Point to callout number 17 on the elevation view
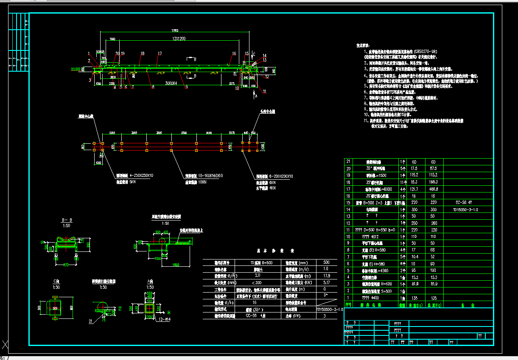[160, 53]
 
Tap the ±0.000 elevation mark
[76, 68]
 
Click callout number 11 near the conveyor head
[264, 91]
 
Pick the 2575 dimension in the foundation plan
[232, 133]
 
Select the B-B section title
[67, 220]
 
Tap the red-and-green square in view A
[149, 307]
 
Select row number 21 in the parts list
[348, 162]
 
